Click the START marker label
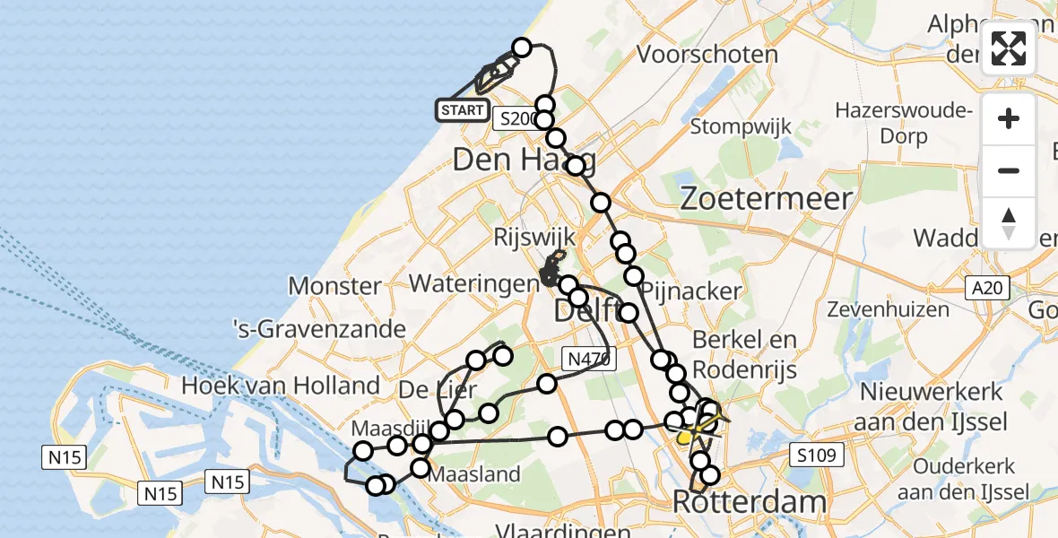462,110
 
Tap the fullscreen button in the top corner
1009,48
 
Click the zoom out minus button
1009,170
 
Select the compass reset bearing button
1009,222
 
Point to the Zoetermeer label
767,198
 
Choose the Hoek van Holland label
282,386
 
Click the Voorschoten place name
707,54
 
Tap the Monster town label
334,286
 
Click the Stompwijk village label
741,126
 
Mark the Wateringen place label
472,283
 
